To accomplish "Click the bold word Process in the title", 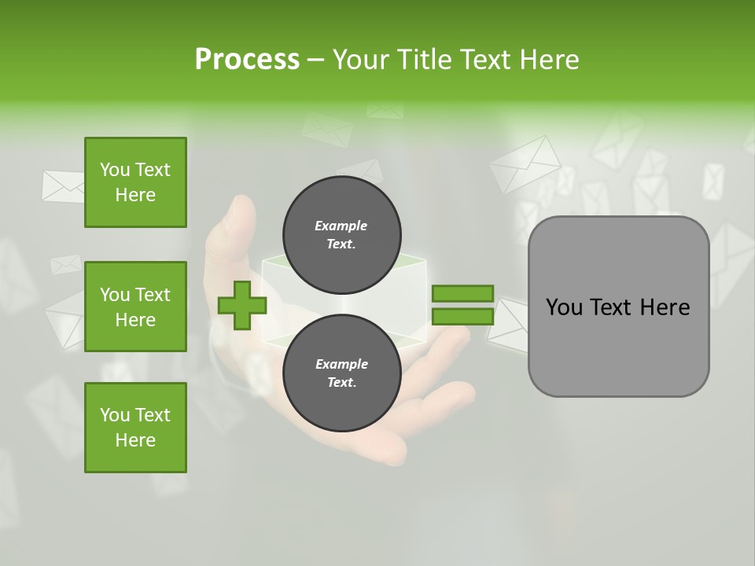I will point(247,59).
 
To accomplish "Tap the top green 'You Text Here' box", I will point(135,182).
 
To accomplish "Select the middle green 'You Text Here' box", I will point(135,307).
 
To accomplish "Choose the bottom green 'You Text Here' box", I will point(135,428).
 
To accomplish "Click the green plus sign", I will point(241,306).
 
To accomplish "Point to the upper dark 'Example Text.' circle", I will point(341,235).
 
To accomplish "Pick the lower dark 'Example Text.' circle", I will point(341,373).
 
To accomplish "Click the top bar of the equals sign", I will point(462,293).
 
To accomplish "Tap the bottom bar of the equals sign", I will point(462,317).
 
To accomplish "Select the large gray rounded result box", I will point(618,307).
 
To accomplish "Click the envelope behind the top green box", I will point(63,186).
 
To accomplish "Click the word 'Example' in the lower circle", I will point(341,364).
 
